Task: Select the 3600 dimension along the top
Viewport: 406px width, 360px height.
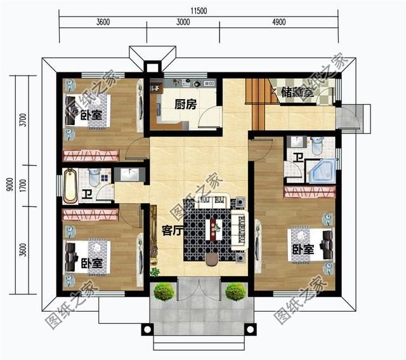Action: pos(103,22)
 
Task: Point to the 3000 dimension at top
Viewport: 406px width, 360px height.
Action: pos(183,22)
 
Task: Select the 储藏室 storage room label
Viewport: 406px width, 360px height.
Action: pos(296,93)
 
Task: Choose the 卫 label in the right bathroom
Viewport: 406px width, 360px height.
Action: pos(297,157)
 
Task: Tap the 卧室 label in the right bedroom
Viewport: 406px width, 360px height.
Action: pos(303,250)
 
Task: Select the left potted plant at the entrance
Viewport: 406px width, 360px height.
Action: pos(164,291)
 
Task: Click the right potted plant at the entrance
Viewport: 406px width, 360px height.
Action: pos(235,291)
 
